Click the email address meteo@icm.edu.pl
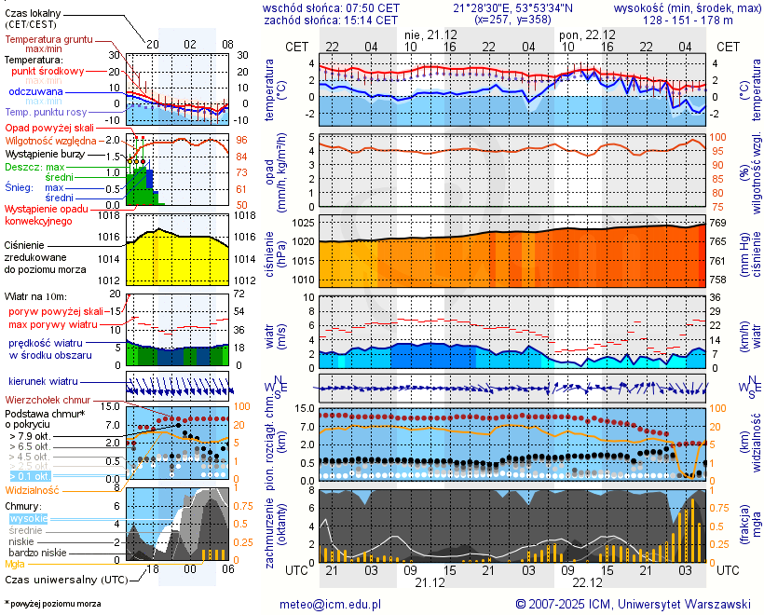331,604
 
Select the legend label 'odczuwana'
35,91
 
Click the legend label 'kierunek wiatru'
42,382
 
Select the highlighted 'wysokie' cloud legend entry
28,518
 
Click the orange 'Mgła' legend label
15,564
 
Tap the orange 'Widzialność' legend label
32,489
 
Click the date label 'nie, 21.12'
430,34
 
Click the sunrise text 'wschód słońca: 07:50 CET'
332,7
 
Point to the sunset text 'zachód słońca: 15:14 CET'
331,20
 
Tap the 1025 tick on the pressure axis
303,224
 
